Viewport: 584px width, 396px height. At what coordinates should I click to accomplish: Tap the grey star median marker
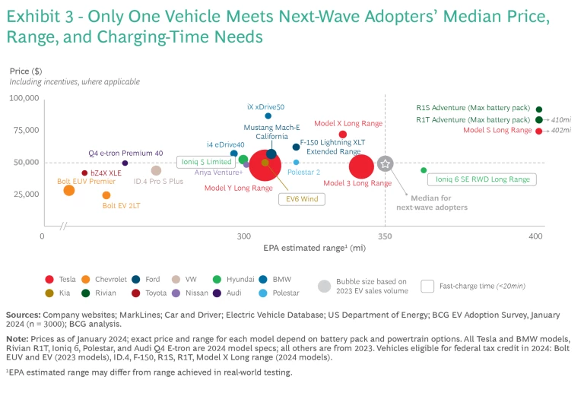385,163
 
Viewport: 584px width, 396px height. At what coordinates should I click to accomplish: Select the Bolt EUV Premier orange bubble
69,190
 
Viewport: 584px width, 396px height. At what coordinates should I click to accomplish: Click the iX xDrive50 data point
268,116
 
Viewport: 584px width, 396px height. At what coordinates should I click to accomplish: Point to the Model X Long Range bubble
343,135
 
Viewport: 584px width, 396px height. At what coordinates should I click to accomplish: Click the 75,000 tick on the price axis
25,130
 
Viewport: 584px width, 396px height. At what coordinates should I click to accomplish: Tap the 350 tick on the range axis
385,237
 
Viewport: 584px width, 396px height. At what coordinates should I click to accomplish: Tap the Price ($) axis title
25,71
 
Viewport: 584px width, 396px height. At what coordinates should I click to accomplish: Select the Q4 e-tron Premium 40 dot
125,163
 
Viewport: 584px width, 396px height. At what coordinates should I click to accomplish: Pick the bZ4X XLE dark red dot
84,173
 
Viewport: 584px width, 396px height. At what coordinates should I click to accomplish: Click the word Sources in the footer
23,314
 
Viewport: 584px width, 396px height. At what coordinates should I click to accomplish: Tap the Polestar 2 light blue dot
296,162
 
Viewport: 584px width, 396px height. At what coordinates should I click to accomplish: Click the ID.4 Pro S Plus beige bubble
156,171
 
